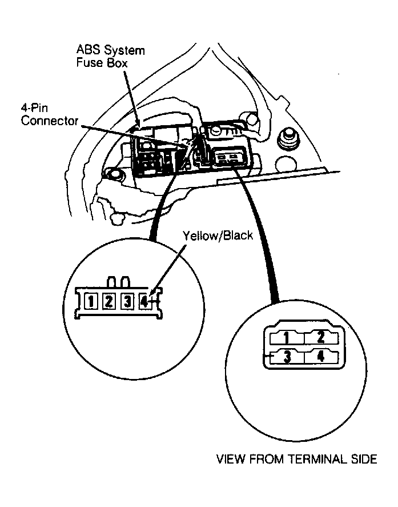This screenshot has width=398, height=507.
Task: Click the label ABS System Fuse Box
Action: tap(110, 56)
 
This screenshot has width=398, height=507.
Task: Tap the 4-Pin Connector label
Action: tap(50, 114)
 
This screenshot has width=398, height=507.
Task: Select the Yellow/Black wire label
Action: tap(218, 235)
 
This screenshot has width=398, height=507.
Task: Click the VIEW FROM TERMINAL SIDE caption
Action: tap(296, 459)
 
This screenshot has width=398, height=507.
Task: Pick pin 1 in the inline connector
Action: tap(91, 302)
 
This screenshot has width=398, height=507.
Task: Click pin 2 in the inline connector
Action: tap(109, 302)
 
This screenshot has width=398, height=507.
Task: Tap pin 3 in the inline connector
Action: tap(127, 302)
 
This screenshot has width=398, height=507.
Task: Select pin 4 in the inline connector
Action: tap(144, 302)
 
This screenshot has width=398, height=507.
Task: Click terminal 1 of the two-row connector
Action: tap(287, 338)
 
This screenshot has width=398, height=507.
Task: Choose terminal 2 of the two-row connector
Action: tap(321, 338)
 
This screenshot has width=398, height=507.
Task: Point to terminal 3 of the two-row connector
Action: tap(287, 357)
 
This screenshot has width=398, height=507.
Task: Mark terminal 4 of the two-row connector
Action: tap(321, 357)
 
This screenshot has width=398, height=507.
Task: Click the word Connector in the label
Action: tap(50, 121)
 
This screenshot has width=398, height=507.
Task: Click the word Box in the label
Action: tap(117, 62)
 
